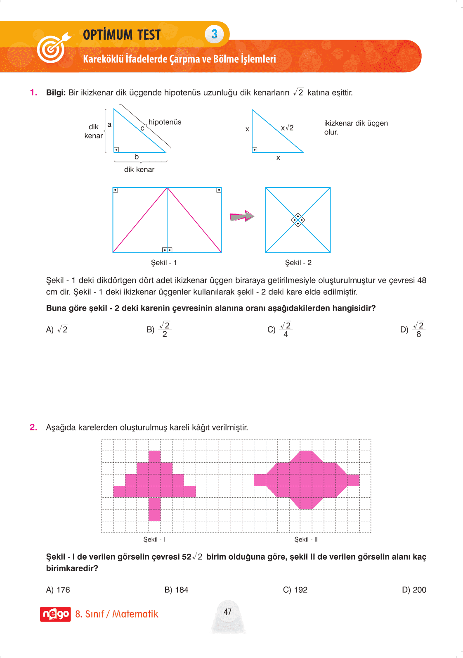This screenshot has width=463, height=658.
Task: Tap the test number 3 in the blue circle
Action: coord(214,34)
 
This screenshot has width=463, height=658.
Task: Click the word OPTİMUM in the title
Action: coord(108,35)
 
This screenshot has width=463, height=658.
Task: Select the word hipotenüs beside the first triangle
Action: coord(165,122)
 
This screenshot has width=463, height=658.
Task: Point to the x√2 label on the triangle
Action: coord(287,128)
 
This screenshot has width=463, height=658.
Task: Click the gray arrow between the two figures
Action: coord(242,216)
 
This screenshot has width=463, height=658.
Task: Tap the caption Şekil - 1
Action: coord(164,263)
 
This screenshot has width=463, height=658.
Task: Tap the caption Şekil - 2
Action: coord(298,263)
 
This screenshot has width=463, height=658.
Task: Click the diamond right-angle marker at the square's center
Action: coord(298,220)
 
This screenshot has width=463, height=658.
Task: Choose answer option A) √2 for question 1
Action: coord(57,330)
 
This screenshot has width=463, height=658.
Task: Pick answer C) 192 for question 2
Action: coord(295,590)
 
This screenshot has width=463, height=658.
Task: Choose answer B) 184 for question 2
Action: coord(176,590)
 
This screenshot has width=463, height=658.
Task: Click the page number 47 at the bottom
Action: coord(228,612)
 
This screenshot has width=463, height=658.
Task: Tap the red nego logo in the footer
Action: coord(55,614)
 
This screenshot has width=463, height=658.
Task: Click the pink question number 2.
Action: coord(33,427)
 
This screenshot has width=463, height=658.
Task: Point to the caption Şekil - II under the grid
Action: coord(306,539)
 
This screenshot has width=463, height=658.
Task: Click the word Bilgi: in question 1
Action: coord(56,93)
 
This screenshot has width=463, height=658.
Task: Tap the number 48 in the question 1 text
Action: coord(421,280)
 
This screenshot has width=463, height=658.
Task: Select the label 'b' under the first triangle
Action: coord(137,157)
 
